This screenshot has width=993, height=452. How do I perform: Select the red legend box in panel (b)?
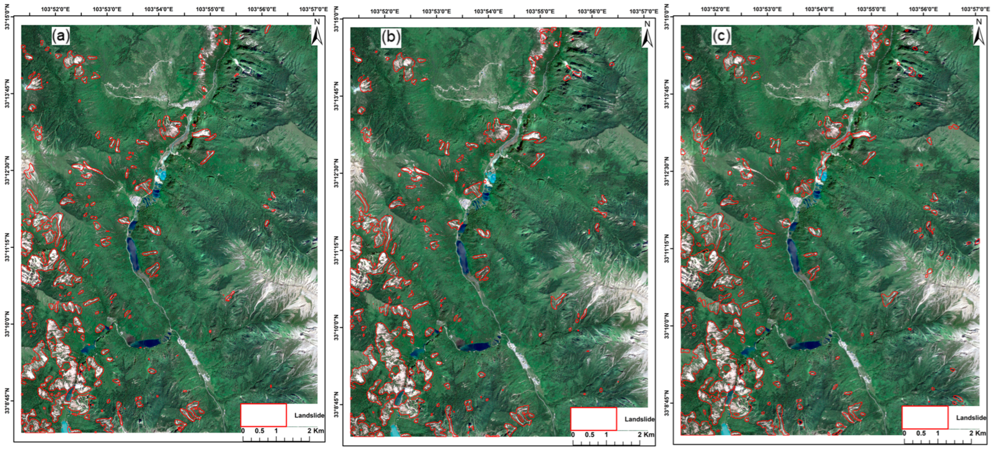click(x=594, y=419)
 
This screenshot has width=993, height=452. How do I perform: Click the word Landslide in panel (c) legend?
click(x=971, y=418)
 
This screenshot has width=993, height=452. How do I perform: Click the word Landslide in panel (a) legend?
click(x=309, y=416)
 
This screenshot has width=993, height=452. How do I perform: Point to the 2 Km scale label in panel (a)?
click(x=316, y=430)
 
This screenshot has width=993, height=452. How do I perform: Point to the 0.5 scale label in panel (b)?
click(x=589, y=435)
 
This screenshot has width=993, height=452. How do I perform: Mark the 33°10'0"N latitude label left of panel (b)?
click(x=337, y=327)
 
